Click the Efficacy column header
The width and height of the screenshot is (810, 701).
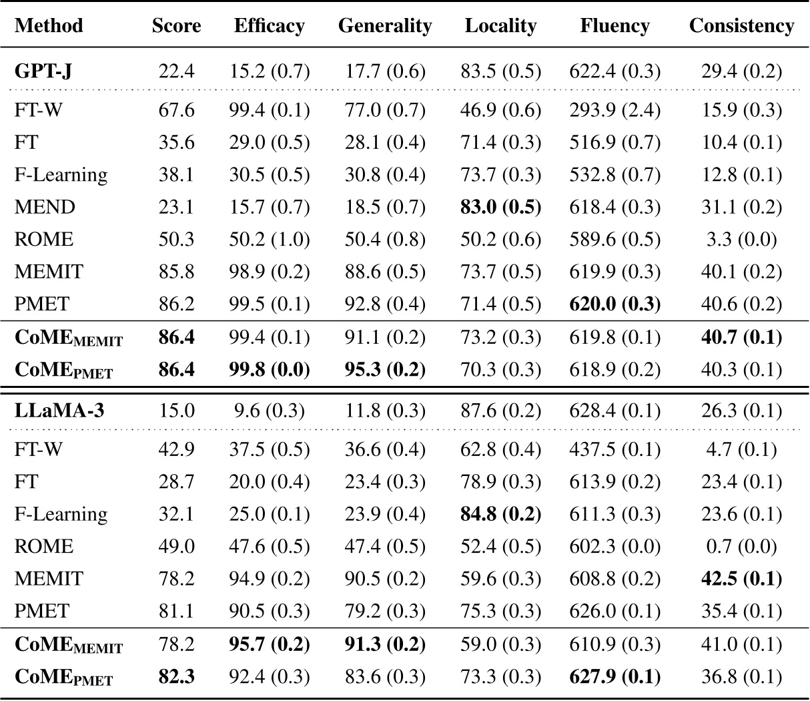click(270, 26)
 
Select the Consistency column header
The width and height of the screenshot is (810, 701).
click(741, 26)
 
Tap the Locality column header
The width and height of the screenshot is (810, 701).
click(500, 26)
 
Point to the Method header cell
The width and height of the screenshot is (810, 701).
click(49, 26)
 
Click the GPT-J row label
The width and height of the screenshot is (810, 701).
click(43, 71)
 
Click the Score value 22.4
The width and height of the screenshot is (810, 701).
click(177, 71)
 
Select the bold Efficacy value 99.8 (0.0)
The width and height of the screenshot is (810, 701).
click(270, 369)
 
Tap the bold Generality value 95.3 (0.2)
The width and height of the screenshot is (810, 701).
click(385, 369)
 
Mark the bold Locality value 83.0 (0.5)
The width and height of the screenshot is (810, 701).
click(500, 207)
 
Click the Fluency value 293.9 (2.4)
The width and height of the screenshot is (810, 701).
click(615, 109)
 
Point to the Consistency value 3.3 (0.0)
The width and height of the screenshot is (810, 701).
click(741, 239)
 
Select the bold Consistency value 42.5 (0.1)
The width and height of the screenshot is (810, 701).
click(741, 578)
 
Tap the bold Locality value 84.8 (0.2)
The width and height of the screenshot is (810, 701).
click(500, 514)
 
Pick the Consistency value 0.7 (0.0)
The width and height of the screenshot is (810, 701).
click(741, 546)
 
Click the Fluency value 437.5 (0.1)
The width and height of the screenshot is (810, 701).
click(615, 449)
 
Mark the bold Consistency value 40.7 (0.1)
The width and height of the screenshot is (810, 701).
click(741, 337)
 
